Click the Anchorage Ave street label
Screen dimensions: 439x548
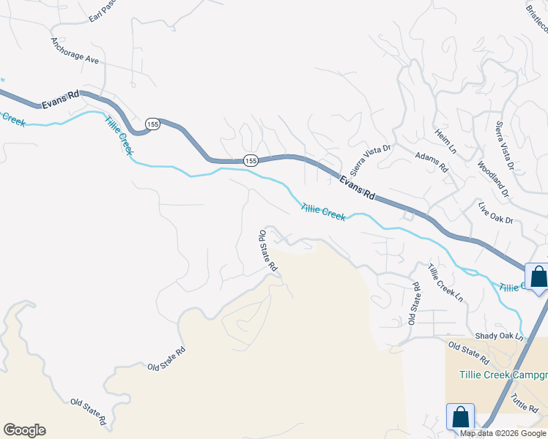tap(75, 51)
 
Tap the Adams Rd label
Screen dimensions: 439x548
tap(432, 162)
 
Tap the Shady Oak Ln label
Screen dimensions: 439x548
tap(500, 337)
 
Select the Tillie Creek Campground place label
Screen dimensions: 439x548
tap(503, 375)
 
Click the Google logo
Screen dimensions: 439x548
tap(24, 430)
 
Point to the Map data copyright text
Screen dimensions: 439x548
tap(503, 433)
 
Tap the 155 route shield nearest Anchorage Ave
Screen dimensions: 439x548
tap(152, 124)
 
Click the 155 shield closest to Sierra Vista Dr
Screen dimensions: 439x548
tap(251, 160)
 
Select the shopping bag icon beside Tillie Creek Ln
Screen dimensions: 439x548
tap(538, 277)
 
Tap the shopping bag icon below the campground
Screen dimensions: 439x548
tap(460, 417)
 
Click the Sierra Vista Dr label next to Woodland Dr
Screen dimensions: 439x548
tap(505, 146)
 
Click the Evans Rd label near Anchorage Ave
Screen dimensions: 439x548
tap(62, 95)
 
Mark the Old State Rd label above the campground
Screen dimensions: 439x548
tap(468, 353)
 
